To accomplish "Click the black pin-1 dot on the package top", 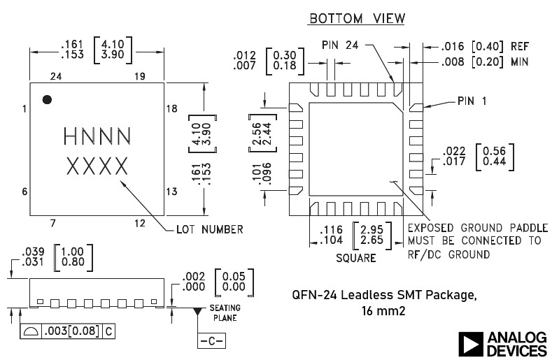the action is (x=47, y=99).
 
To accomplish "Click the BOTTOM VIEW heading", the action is (x=357, y=18).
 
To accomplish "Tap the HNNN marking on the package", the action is (x=97, y=136).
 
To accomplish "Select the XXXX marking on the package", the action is (x=97, y=166).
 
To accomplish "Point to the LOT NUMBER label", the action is (x=210, y=229).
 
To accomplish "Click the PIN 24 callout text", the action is (x=340, y=45).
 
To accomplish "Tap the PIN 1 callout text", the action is (x=472, y=101).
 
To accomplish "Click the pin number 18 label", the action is (x=172, y=108).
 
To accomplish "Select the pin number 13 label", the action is (x=172, y=192).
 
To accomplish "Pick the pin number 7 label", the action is (x=52, y=223).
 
